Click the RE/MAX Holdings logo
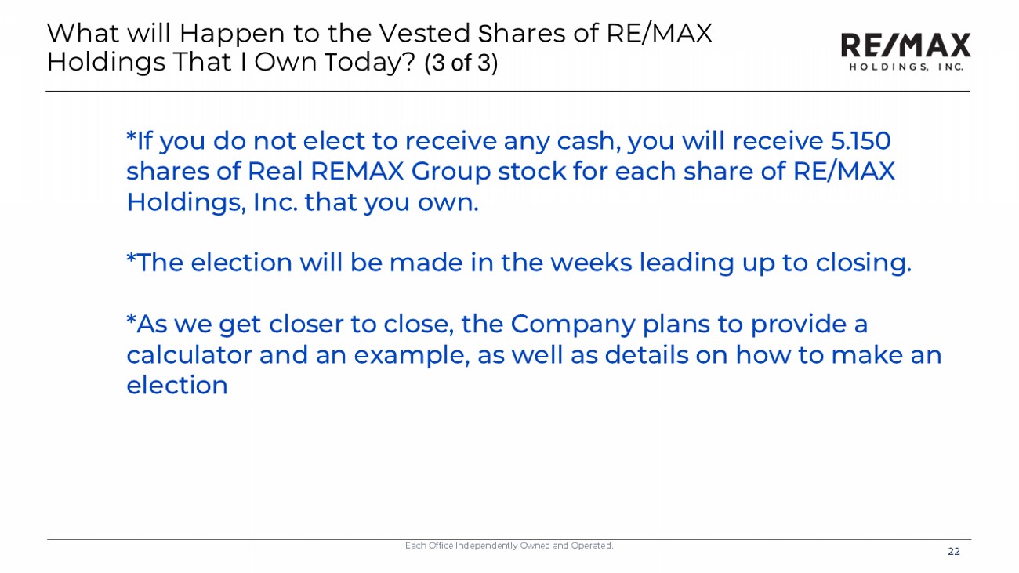[905, 52]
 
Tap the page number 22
[954, 552]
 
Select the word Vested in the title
[424, 33]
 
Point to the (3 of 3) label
[461, 63]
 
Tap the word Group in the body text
[451, 172]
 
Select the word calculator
[189, 355]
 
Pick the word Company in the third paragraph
[573, 325]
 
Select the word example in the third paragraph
[412, 356]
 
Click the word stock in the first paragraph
[531, 172]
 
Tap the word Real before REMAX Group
[275, 172]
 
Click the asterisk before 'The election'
[131, 257]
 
